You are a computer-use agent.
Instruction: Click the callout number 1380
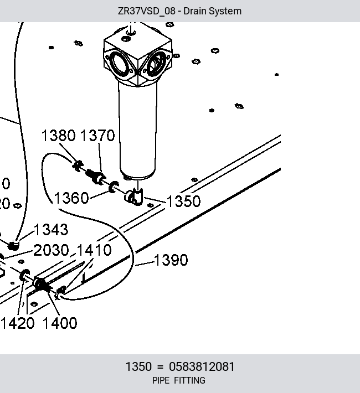coord(59,136)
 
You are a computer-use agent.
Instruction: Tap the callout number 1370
coord(97,136)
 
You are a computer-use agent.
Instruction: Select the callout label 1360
coord(71,198)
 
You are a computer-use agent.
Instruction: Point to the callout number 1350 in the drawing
coord(184,201)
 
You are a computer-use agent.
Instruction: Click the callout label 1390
coord(171,260)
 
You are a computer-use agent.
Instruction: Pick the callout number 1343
coord(51,230)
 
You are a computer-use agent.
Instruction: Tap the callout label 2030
coord(51,250)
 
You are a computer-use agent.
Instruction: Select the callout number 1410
coord(94,250)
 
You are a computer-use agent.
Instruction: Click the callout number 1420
coord(18,323)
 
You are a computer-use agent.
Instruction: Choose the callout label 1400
coord(60,323)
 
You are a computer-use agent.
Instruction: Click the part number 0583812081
coord(202,366)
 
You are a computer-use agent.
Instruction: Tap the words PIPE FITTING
coord(179,380)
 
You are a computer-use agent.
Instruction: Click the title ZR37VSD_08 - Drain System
coord(179,11)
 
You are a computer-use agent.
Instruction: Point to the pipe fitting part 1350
coord(134,196)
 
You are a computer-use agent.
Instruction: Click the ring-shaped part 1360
coord(114,187)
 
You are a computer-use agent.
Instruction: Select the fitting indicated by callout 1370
coord(96,176)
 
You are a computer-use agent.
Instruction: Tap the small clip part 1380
coord(78,166)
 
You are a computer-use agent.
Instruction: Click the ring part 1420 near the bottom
coord(24,275)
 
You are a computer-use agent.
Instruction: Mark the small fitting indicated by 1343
coord(13,245)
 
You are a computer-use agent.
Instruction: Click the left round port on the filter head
coord(121,64)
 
